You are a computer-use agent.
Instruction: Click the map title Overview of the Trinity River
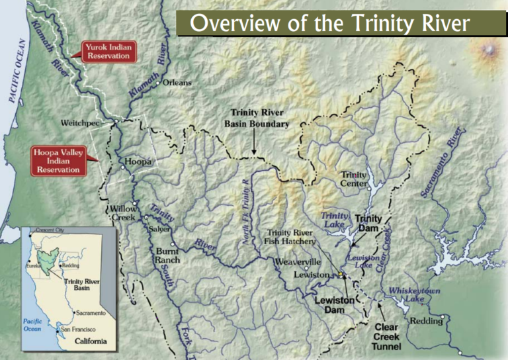pyautogui.click(x=329, y=24)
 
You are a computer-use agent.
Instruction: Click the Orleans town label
pyautogui.click(x=177, y=83)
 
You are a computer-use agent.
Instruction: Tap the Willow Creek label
pyautogui.click(x=123, y=213)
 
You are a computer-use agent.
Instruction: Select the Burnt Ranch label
pyautogui.click(x=167, y=255)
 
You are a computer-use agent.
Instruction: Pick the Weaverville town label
pyautogui.click(x=298, y=262)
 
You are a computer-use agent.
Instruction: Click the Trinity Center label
pyautogui.click(x=353, y=179)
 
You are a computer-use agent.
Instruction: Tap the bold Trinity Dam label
pyautogui.click(x=368, y=223)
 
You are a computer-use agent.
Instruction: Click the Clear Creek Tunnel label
pyautogui.click(x=386, y=337)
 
